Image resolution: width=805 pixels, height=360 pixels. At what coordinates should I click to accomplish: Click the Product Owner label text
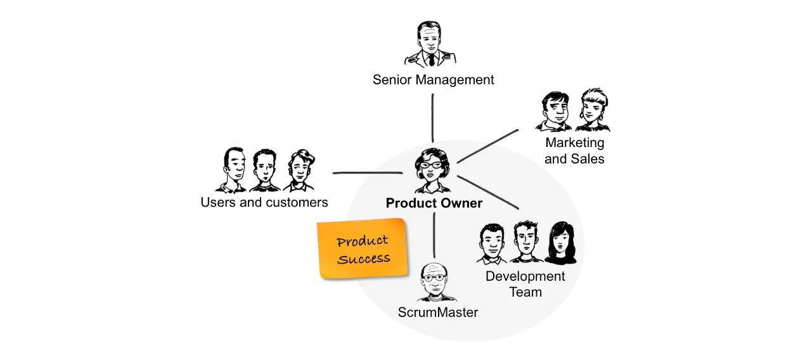434,203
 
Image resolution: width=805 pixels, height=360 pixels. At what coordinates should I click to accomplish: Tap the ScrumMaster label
437,312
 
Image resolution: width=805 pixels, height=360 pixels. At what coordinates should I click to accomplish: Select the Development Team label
525,284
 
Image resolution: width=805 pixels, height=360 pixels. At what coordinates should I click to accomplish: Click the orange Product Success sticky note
362,248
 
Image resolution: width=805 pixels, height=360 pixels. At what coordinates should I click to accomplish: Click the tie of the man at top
431,60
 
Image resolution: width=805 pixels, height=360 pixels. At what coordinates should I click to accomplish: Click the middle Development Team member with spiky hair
525,242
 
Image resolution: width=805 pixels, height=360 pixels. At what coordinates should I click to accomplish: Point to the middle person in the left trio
264,171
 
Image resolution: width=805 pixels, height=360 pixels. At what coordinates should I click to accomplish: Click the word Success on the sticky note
364,258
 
